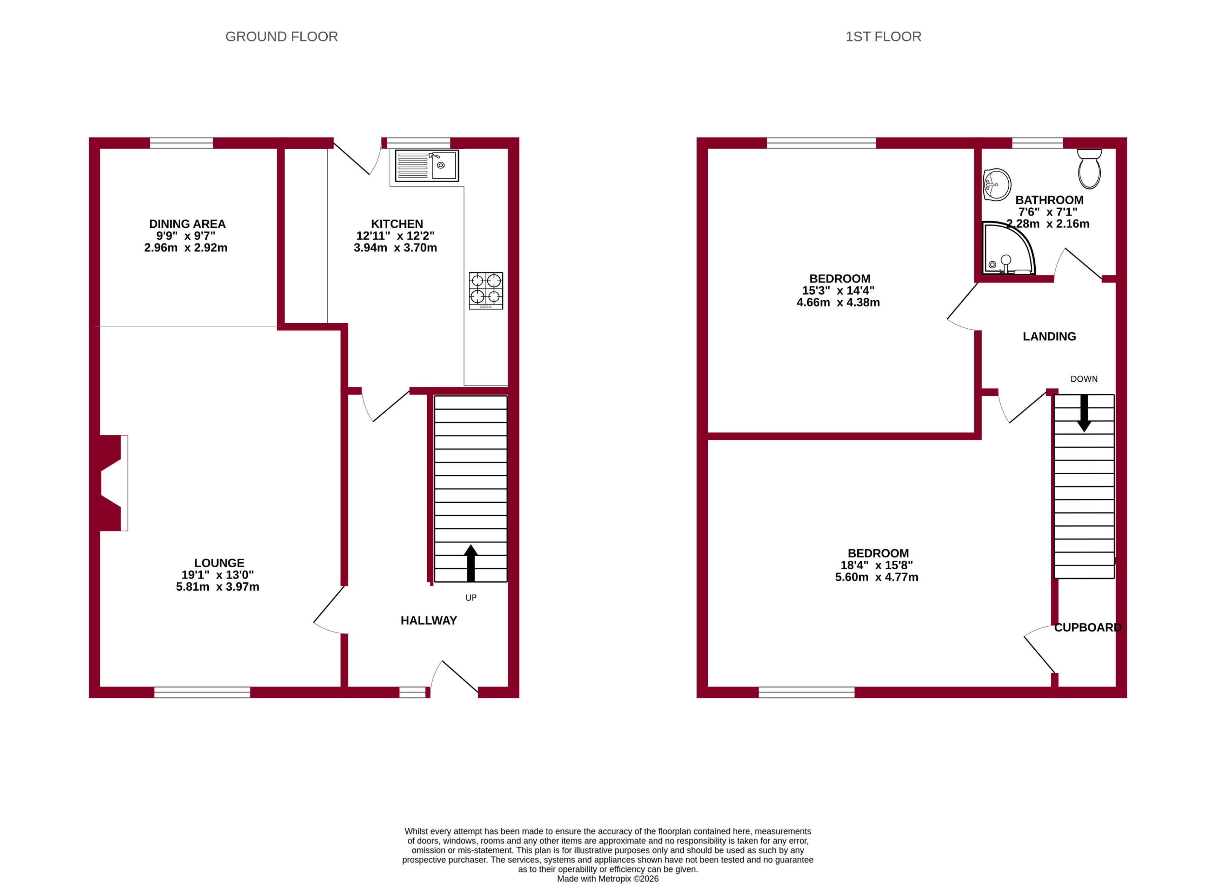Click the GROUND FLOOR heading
pyautogui.click(x=281, y=36)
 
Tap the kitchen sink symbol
pyautogui.click(x=427, y=166)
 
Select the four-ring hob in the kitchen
pyautogui.click(x=486, y=290)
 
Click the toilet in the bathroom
pyautogui.click(x=1089, y=169)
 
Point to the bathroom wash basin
pyautogui.click(x=997, y=185)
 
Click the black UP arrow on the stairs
pyautogui.click(x=471, y=563)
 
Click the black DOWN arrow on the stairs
pyautogui.click(x=1084, y=413)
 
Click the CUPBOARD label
pyautogui.click(x=1087, y=627)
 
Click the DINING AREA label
pyautogui.click(x=187, y=223)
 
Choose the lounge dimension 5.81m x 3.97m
pyautogui.click(x=217, y=587)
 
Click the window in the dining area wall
pyautogui.click(x=181, y=143)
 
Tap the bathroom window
pyautogui.click(x=1037, y=143)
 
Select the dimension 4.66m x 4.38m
pyautogui.click(x=838, y=302)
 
